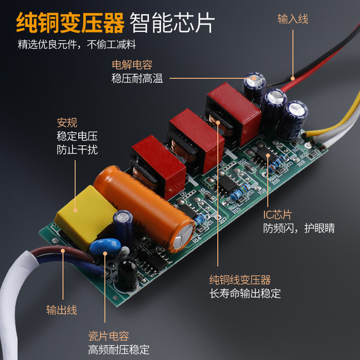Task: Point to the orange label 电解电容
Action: point(132,65)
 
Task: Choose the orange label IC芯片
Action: point(278,215)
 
